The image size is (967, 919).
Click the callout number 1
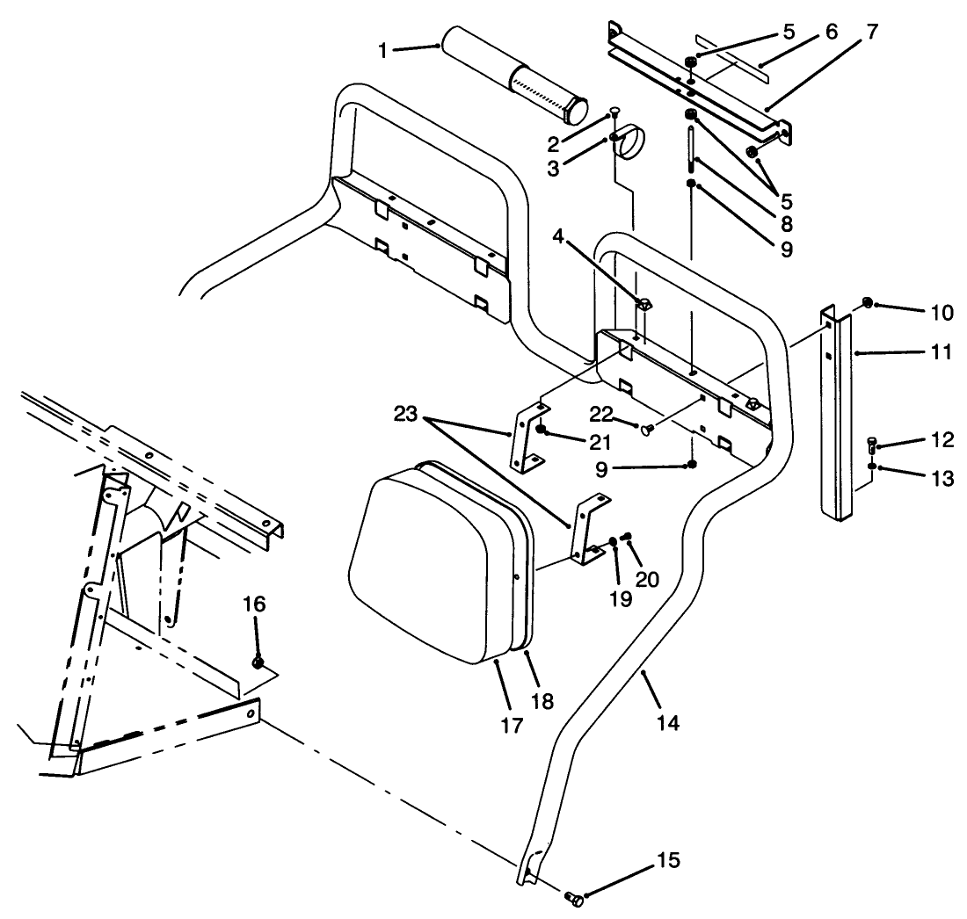(383, 51)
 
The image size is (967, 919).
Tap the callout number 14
(668, 723)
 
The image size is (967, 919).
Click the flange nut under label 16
(258, 662)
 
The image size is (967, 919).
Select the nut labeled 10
(867, 303)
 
